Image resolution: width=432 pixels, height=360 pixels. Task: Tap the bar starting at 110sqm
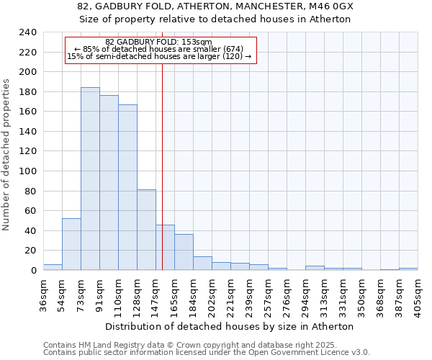tap(127, 187)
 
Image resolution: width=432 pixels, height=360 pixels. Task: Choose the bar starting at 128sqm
tap(146, 230)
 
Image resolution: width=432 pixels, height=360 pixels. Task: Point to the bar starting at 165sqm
tap(184, 252)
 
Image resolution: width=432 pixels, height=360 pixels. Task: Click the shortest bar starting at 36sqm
tap(53, 267)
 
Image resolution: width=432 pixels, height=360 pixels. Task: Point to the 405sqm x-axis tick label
tap(418, 294)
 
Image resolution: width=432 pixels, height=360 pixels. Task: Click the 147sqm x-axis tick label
tap(156, 294)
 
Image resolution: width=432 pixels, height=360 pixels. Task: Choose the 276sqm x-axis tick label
tap(287, 294)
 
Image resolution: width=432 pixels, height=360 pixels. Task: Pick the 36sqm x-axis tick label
tap(44, 294)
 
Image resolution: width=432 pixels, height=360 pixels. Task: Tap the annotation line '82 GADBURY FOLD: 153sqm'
tap(158, 42)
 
